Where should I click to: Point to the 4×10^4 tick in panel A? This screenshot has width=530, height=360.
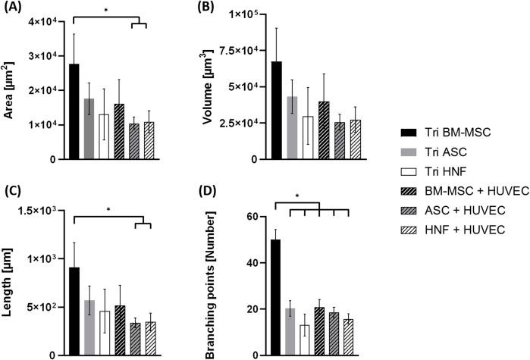(45, 20)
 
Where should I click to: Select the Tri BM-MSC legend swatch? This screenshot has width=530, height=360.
(407, 131)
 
